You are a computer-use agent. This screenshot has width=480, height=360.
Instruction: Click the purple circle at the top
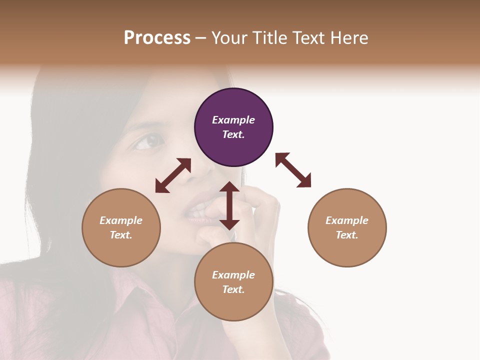(x=233, y=127)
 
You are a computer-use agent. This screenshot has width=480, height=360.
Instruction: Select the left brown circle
(x=121, y=227)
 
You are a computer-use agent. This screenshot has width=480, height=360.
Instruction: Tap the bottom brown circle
(x=233, y=282)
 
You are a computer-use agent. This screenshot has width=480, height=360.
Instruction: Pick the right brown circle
(x=347, y=227)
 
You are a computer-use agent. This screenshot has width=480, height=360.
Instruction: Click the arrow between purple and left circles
(x=173, y=175)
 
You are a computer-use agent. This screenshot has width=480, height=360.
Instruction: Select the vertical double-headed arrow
(x=229, y=205)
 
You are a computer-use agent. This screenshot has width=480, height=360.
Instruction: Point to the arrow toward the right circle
(x=293, y=170)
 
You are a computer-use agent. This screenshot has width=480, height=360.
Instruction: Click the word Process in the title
(x=157, y=37)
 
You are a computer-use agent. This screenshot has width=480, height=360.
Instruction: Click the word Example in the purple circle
(x=233, y=120)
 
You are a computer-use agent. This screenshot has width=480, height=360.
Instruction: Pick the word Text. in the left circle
(x=121, y=235)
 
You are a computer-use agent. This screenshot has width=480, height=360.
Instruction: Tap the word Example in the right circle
(x=347, y=220)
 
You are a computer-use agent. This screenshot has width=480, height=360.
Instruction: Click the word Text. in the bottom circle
(x=233, y=289)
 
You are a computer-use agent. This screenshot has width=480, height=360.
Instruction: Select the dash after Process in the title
(x=201, y=38)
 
